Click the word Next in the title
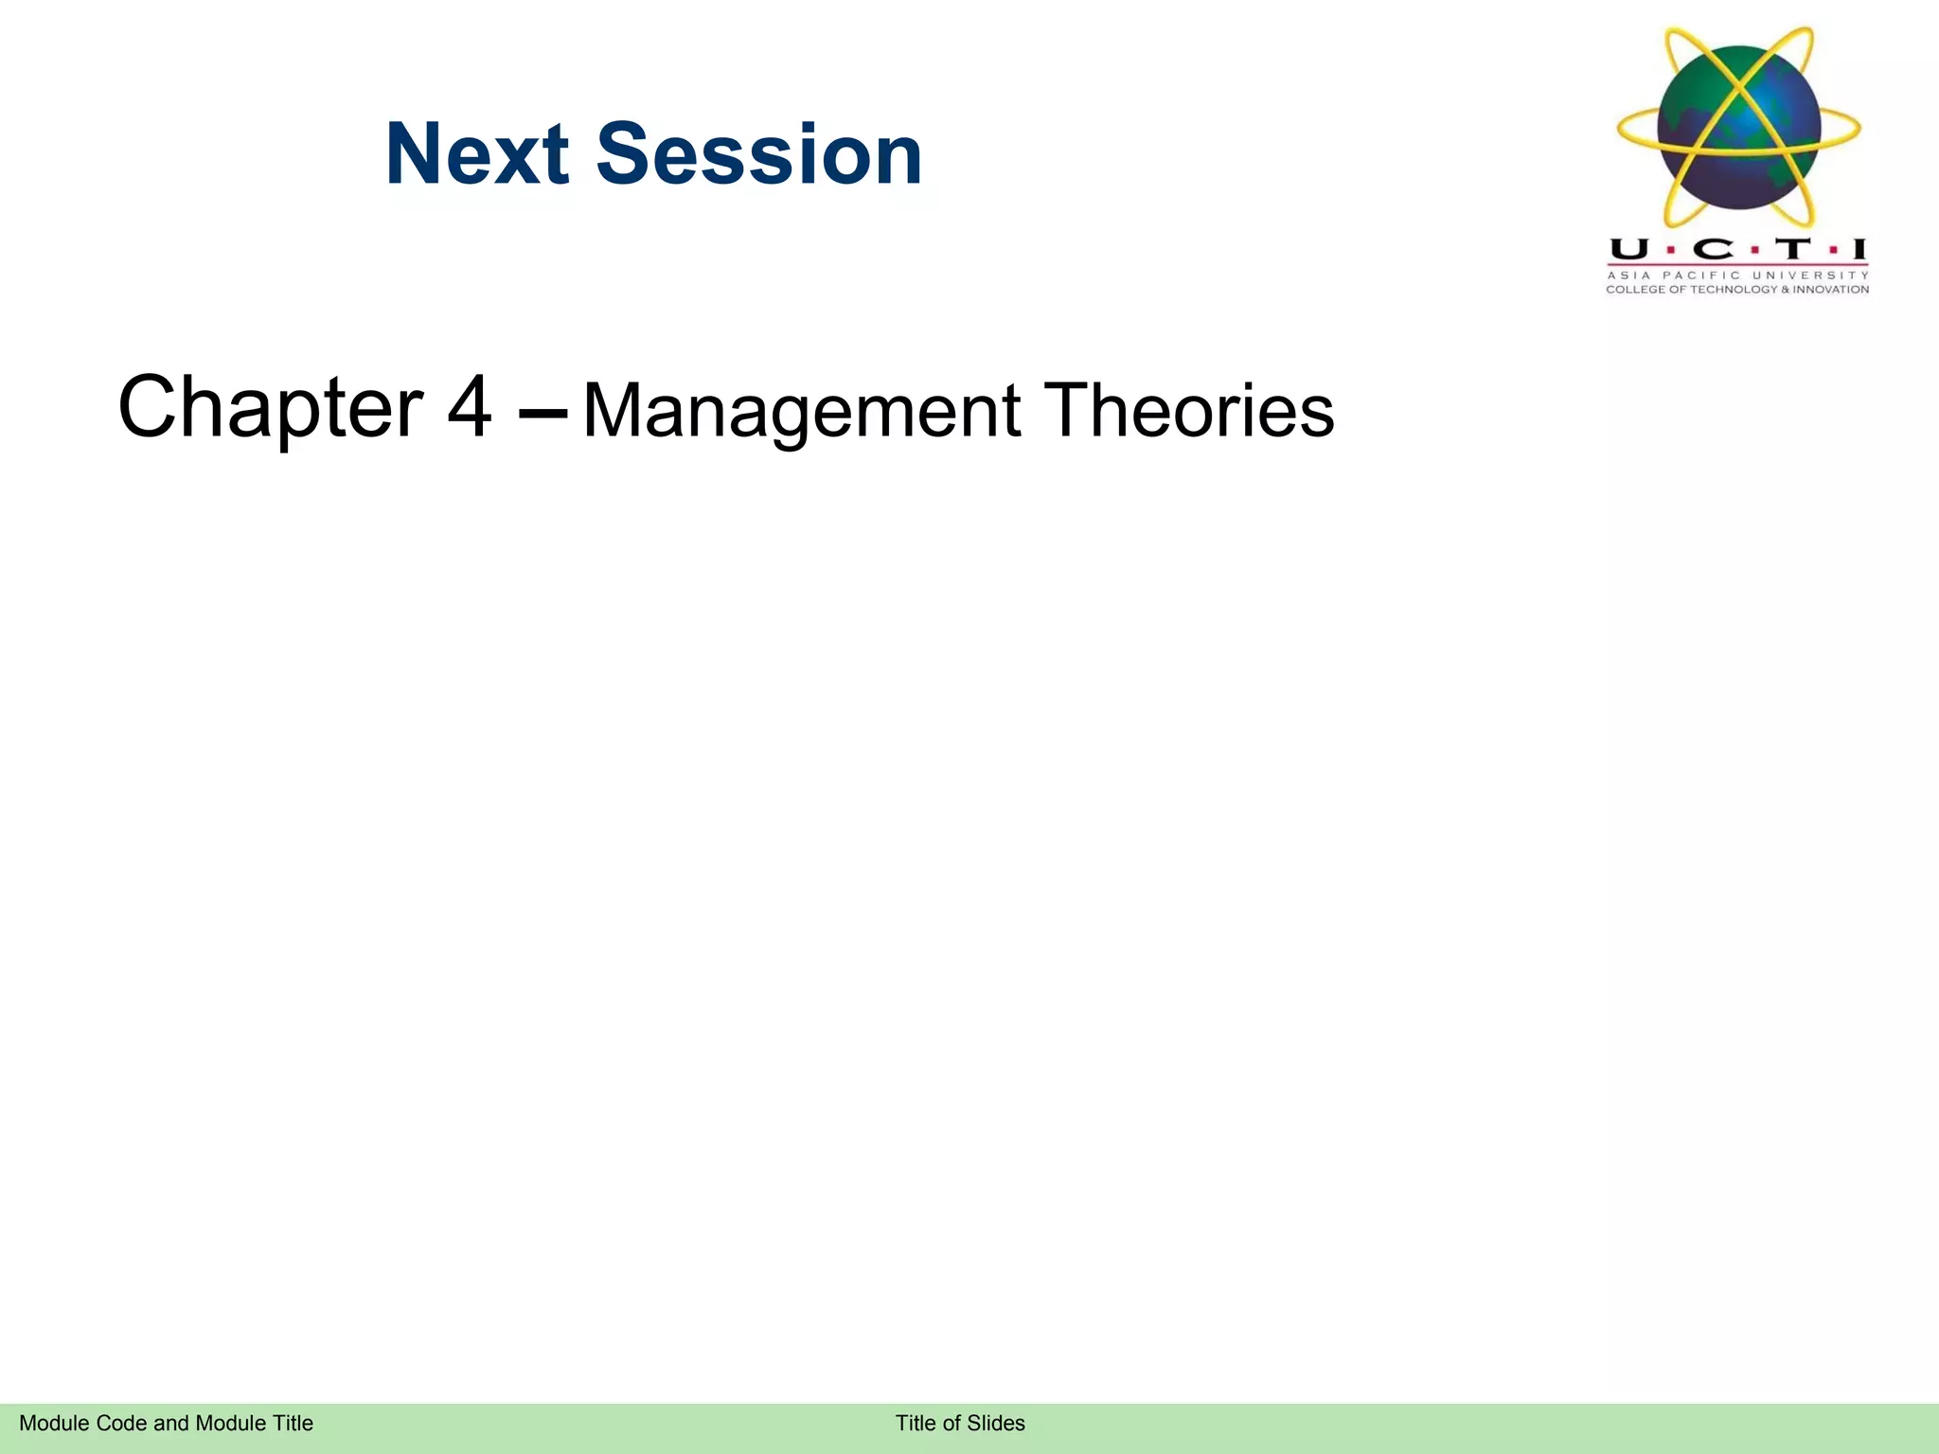pyautogui.click(x=476, y=154)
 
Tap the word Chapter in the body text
pyautogui.click(x=270, y=408)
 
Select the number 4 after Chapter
pyautogui.click(x=470, y=408)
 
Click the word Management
pyautogui.click(x=801, y=411)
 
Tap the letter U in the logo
pyautogui.click(x=1628, y=250)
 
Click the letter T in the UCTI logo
pyautogui.click(x=1791, y=250)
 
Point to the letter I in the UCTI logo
pyautogui.click(x=1859, y=250)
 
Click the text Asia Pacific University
pyautogui.click(x=1737, y=275)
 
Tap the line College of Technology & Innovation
pyautogui.click(x=1737, y=290)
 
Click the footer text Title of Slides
pyautogui.click(x=960, y=1423)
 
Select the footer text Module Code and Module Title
pyautogui.click(x=166, y=1423)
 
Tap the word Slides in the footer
pyautogui.click(x=996, y=1423)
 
